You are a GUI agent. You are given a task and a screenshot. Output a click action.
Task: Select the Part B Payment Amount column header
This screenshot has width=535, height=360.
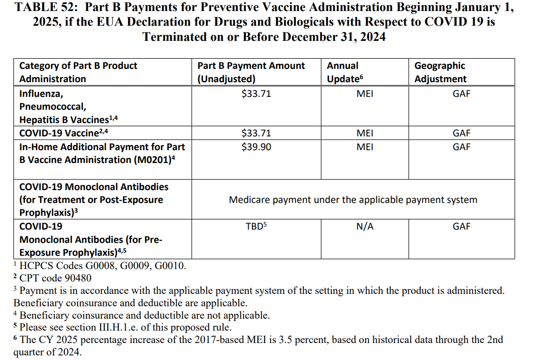[x=251, y=72]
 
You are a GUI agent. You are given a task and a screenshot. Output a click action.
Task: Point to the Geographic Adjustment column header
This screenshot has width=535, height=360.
[x=440, y=72]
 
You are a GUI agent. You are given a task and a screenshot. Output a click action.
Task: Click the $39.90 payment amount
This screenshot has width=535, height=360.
[x=256, y=147]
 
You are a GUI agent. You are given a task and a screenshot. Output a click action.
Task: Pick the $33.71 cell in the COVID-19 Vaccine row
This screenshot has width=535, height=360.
[x=256, y=134]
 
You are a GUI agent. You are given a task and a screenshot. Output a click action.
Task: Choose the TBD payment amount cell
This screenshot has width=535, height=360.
[x=256, y=226]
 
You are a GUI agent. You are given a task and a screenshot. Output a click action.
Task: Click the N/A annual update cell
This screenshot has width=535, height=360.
[x=365, y=226]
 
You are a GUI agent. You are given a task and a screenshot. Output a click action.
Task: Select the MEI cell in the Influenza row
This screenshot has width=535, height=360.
[x=365, y=94]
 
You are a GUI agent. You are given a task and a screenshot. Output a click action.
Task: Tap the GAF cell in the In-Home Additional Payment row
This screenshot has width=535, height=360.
[x=462, y=147]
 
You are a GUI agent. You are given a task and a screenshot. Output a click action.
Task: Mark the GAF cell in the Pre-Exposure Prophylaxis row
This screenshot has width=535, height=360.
[x=462, y=226]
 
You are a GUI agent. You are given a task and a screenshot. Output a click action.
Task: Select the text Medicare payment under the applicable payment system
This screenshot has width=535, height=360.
[x=353, y=200]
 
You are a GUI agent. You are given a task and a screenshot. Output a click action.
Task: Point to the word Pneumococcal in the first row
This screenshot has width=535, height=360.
[x=52, y=107]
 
